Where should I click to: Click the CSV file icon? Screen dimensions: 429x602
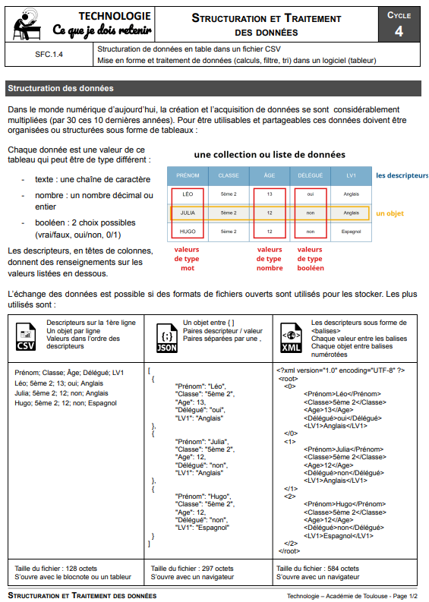tap(26, 337)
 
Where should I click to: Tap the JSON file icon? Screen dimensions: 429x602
tap(167, 338)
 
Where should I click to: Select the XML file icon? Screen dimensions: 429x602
tap(291, 338)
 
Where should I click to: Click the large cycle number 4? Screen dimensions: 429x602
tap(399, 31)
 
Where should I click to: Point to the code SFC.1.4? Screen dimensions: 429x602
tap(49, 55)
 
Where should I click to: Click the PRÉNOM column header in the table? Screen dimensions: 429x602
tap(188, 175)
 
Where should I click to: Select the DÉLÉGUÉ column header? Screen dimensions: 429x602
tap(311, 175)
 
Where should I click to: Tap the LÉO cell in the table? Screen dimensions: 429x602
tap(188, 194)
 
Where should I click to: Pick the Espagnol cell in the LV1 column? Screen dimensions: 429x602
tap(351, 232)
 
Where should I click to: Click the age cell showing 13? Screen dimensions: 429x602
tap(270, 194)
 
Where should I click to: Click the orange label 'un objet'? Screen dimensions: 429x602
tap(390, 213)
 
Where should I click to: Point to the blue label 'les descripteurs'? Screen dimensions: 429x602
tap(402, 175)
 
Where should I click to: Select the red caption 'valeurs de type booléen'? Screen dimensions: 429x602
tap(311, 259)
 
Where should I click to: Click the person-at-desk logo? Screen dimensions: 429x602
tap(27, 24)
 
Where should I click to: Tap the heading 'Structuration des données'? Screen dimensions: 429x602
tap(61, 88)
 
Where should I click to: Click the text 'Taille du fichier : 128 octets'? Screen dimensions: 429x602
tap(55, 568)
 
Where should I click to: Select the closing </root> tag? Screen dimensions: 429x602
tap(289, 551)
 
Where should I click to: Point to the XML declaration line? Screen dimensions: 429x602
tap(340, 370)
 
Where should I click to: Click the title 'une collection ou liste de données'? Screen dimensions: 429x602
tap(270, 155)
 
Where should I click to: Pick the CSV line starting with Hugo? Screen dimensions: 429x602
tap(65, 403)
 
